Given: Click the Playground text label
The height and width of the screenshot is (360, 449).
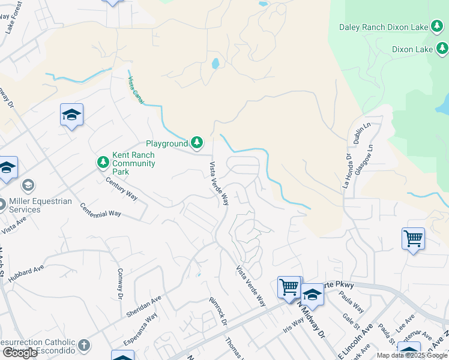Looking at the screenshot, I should (167, 143).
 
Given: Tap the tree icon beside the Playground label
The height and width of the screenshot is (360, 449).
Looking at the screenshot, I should (197, 143).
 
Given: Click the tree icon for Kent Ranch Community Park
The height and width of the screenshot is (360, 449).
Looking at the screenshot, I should (103, 162).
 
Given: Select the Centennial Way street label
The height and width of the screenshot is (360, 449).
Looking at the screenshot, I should (101, 210).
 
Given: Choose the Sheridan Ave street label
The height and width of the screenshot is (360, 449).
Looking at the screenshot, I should (143, 306).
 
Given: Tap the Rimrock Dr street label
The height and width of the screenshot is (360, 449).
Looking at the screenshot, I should (218, 311).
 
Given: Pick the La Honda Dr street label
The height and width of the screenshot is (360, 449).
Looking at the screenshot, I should (346, 171).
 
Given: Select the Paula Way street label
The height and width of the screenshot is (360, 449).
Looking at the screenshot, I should (351, 300).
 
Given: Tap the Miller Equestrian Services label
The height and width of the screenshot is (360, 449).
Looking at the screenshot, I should (41, 205).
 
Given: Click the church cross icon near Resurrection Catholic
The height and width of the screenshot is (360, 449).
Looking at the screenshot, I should (83, 345).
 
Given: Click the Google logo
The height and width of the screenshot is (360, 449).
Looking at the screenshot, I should (20, 352).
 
